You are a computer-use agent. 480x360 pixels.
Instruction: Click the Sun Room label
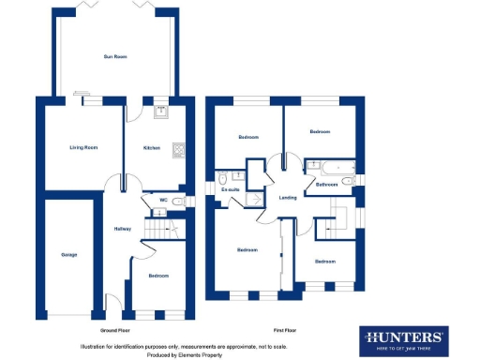114,57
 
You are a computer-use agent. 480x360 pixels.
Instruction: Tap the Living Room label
83,147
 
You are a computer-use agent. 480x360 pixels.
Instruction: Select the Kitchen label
151,147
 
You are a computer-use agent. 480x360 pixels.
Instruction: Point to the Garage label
69,254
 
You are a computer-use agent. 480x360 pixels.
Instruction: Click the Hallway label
122,229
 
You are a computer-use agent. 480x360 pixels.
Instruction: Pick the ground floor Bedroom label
157,276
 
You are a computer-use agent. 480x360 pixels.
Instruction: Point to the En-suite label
230,189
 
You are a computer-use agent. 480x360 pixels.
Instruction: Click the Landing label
288,197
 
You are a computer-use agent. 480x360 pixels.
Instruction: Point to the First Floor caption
285,331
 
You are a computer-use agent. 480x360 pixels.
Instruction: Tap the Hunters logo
404,338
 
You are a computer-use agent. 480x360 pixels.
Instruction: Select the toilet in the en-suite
223,178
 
